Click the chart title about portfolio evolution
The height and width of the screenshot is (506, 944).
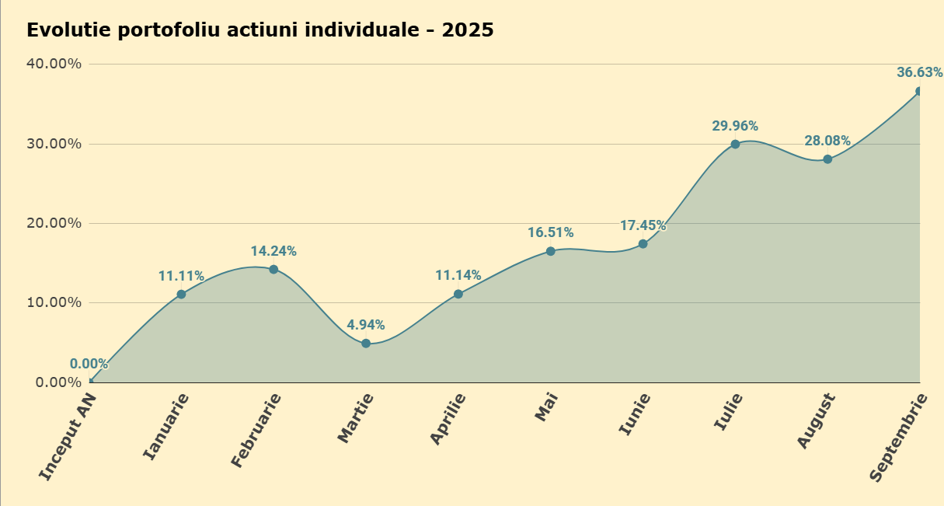click(x=260, y=30)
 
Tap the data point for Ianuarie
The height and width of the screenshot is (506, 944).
click(x=181, y=294)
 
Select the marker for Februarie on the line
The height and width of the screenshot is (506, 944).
click(x=273, y=269)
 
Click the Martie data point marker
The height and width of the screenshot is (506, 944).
click(x=366, y=344)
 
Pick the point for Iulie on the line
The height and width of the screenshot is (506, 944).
click(x=736, y=145)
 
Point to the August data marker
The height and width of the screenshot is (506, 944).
click(x=827, y=159)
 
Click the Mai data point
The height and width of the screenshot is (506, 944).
click(x=550, y=251)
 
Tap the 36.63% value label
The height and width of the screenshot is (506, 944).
click(x=920, y=72)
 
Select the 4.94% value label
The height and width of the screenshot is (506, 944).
click(x=366, y=325)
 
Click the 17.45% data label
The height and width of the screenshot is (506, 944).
click(x=643, y=225)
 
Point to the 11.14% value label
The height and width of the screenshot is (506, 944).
click(x=458, y=275)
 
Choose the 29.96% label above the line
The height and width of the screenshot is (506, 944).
click(x=736, y=126)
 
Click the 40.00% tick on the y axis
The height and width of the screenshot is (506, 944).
click(x=54, y=64)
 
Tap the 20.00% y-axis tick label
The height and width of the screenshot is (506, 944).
click(x=54, y=223)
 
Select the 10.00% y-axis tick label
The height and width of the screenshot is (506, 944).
click(x=54, y=302)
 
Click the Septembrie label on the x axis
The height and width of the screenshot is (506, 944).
click(x=898, y=438)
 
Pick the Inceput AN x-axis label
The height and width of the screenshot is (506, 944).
click(x=68, y=437)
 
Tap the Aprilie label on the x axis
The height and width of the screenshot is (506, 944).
click(x=448, y=419)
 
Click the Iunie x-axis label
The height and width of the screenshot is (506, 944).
click(x=634, y=414)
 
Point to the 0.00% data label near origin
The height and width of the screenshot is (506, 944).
click(x=89, y=364)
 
